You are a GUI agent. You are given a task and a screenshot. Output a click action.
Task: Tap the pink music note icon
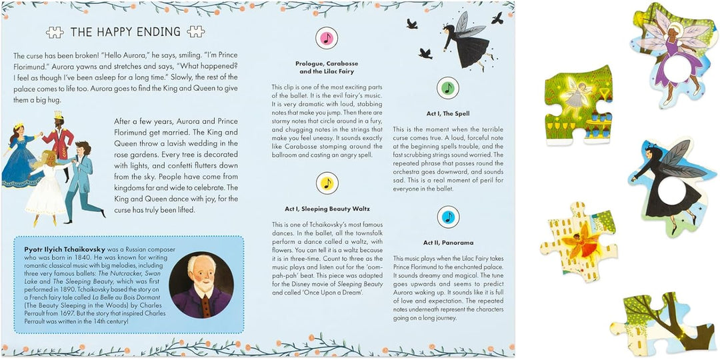(x=326, y=39)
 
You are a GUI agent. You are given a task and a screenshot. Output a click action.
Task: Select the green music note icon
(x=448, y=88)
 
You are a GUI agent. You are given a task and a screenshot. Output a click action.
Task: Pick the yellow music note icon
(x=326, y=183)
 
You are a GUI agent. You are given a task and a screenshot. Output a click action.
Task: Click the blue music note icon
(x=448, y=217)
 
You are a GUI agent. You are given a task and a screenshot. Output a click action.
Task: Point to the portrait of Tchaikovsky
(x=201, y=285)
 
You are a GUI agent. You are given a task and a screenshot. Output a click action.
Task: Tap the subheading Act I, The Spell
(x=448, y=114)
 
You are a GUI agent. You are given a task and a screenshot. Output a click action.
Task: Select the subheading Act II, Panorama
(x=448, y=243)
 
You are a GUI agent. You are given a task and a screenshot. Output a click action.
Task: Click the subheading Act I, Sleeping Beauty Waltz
(x=326, y=209)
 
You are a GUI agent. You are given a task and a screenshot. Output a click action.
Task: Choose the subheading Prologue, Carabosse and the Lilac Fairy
(x=326, y=67)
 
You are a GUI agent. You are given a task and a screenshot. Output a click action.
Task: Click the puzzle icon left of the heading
(x=55, y=32)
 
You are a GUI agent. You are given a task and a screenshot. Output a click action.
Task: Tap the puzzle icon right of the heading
(x=195, y=32)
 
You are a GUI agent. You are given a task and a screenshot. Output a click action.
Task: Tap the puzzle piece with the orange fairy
(x=577, y=239)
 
